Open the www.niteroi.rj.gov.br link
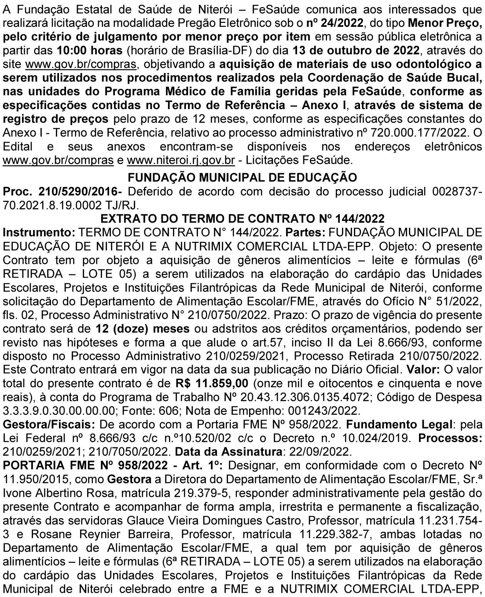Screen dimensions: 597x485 [180, 160]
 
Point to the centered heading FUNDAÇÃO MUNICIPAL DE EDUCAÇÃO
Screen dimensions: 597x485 [242, 177]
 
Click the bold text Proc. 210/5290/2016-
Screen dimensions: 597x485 [64, 191]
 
